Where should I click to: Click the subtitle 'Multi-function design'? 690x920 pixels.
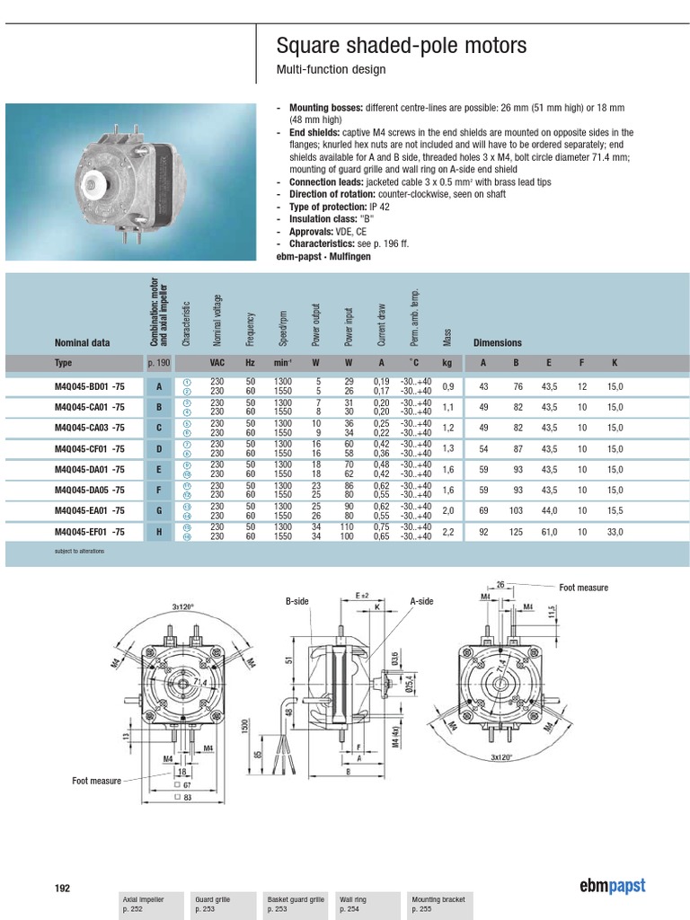pos(330,70)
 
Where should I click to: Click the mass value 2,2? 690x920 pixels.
pos(448,532)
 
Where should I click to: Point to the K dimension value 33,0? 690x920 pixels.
pos(615,532)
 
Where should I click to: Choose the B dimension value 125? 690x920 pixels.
pos(517,532)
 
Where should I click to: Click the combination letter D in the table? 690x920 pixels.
pos(159,448)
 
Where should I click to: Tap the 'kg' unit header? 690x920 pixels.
pos(447,363)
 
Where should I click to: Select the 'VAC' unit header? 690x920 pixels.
pos(217,363)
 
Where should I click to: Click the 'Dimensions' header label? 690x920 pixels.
pos(498,342)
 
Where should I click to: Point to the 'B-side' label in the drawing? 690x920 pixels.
pos(297,601)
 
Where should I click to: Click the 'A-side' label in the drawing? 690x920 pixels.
pos(422,601)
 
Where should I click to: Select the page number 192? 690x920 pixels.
pos(62,888)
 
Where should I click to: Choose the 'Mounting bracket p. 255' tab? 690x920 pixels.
pos(438,904)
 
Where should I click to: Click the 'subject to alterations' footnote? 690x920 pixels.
pos(79,551)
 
